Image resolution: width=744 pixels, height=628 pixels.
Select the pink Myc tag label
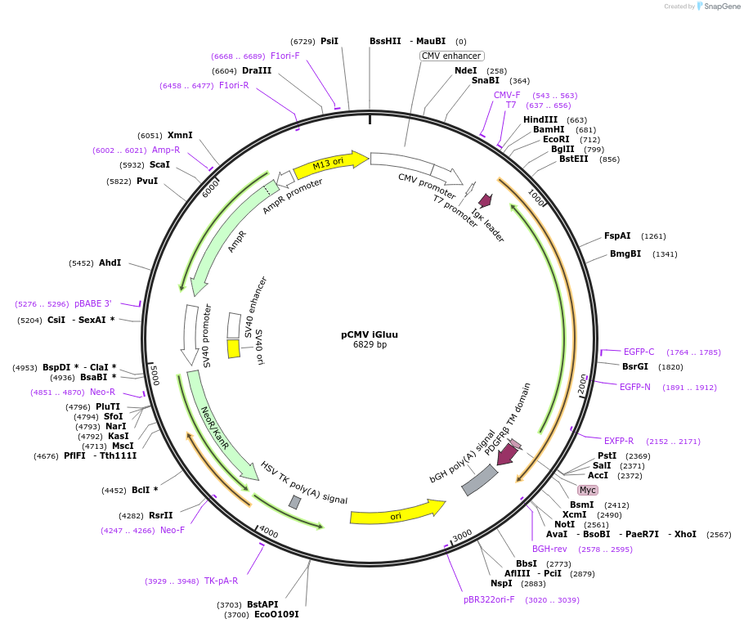coord(588,490)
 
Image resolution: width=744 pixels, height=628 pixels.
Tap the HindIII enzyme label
coord(540,119)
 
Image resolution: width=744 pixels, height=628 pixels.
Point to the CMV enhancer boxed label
coord(452,56)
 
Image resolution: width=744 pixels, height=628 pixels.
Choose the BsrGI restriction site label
coord(635,366)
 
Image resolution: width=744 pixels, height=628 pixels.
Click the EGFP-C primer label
coord(639,352)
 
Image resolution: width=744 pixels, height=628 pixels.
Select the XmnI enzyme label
coord(180,135)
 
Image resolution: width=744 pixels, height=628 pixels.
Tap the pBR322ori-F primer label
coord(489,599)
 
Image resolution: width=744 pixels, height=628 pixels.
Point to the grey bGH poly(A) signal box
coord(480,480)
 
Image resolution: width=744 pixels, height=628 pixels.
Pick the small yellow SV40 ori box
coord(234,348)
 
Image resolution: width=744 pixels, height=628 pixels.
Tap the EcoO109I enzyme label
coord(276,614)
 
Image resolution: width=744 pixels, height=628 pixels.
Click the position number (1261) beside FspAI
coord(653,236)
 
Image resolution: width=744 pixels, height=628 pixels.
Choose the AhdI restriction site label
coord(110,262)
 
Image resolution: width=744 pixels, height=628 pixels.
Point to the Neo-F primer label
coord(173,530)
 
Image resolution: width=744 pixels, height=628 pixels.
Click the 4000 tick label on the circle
coord(268,534)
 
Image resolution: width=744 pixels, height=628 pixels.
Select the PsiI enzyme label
coord(329,41)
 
